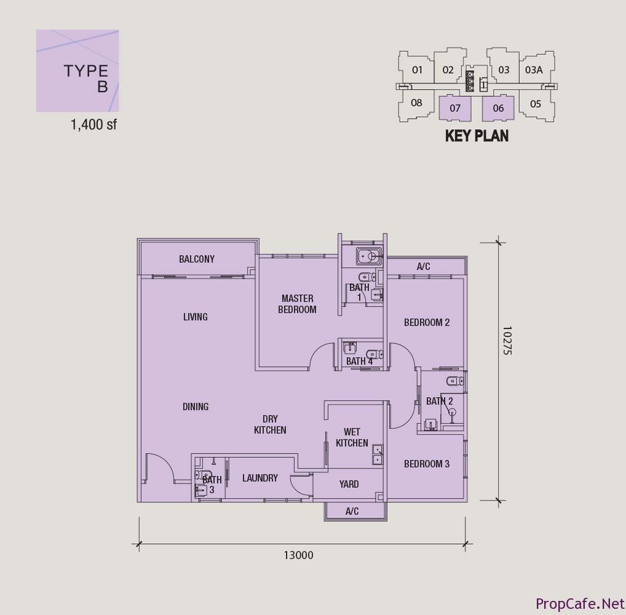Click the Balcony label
[x=196, y=259]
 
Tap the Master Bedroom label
[x=297, y=304]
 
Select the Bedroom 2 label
[x=427, y=322]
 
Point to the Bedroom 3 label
[x=427, y=464]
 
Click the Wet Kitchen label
[x=352, y=437]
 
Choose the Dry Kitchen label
[x=271, y=424]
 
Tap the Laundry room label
[x=260, y=478]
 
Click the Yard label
[x=349, y=485]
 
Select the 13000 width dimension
[x=299, y=555]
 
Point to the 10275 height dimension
[x=507, y=340]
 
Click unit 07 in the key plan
[x=455, y=108]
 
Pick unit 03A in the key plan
[x=534, y=70]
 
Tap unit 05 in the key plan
[x=536, y=104]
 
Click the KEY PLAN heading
[x=477, y=136]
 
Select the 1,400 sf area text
[x=93, y=125]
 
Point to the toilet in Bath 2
[x=454, y=381]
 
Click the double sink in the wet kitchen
[x=378, y=455]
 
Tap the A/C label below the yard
[x=352, y=511]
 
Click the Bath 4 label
[x=359, y=362]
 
